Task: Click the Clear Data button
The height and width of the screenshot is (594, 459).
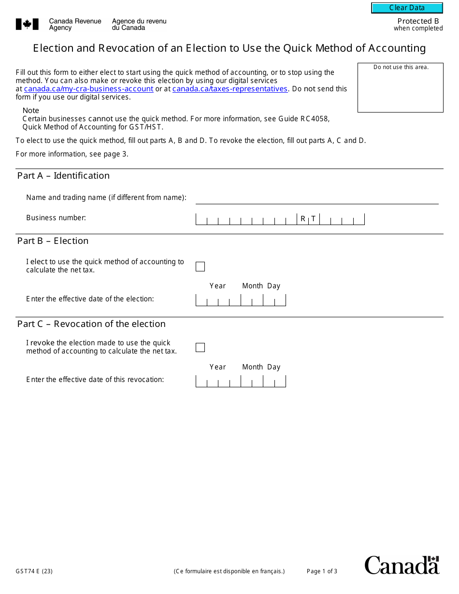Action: pos(407,8)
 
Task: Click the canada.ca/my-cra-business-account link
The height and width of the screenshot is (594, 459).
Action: pos(88,89)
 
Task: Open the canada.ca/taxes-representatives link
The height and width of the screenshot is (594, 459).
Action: pos(229,89)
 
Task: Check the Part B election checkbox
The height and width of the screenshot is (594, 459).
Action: pos(200,267)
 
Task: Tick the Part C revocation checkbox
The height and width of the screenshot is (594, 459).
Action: pos(200,348)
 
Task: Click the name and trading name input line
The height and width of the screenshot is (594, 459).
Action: pos(317,198)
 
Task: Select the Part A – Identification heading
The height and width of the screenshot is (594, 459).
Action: pos(63,176)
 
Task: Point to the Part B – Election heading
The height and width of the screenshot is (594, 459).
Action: pos(53,241)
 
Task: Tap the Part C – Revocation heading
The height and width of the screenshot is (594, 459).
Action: pos(91,324)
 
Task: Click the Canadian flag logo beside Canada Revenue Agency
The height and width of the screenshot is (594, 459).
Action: pos(27,24)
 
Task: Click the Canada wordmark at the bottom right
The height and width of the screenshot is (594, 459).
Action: pos(402,565)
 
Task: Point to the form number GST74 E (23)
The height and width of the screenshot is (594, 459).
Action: pos(34,571)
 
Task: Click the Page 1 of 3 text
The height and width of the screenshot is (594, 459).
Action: pos(322,571)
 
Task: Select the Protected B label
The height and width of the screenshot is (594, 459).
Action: pos(418,21)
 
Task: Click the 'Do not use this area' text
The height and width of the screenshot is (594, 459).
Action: pos(401,67)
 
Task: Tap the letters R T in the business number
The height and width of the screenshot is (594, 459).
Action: pos(308,219)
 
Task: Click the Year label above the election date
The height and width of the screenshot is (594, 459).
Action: pos(217,286)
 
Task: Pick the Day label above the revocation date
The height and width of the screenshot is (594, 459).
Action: pos(273,367)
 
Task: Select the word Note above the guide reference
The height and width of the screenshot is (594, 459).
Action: pos(31,111)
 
